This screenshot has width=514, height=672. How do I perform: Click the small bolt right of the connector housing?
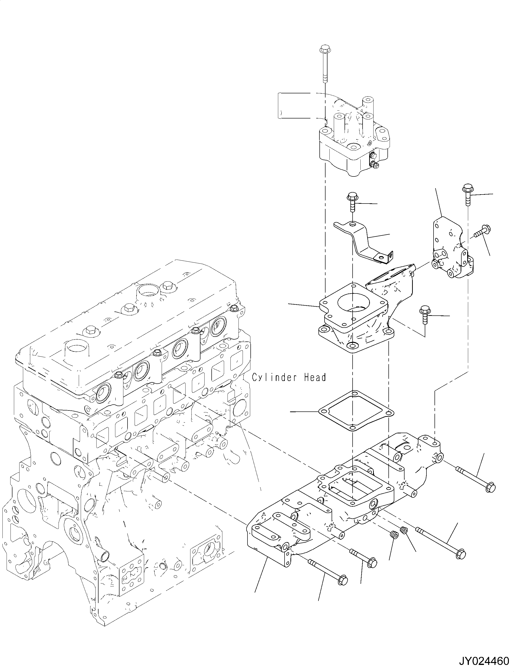[x=425, y=313]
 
